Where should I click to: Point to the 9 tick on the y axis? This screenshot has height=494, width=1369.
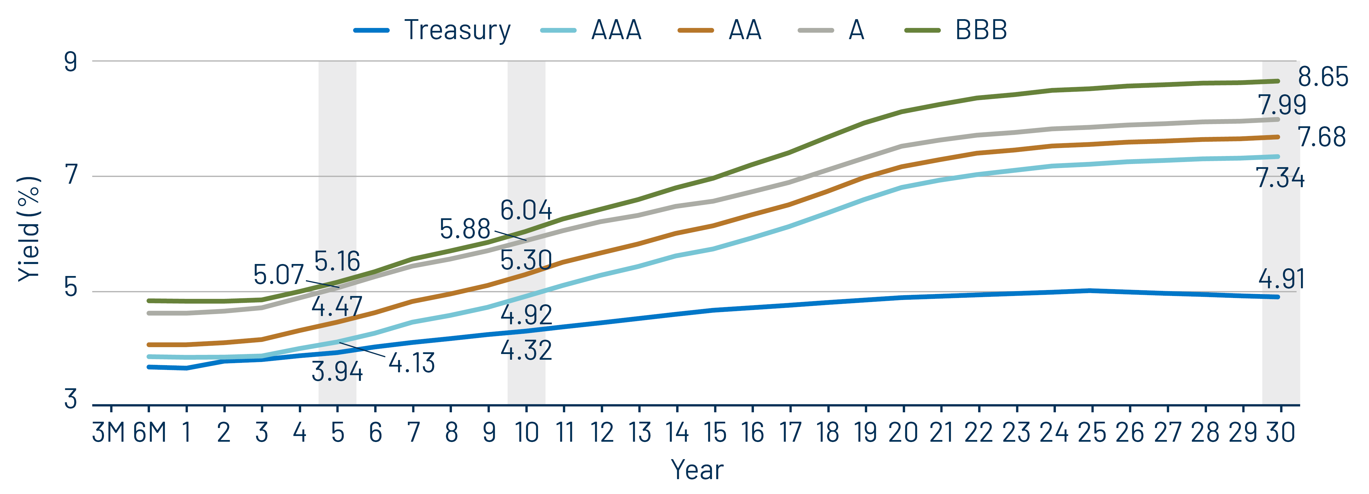[71, 62]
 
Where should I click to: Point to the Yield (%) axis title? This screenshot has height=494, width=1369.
[29, 229]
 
